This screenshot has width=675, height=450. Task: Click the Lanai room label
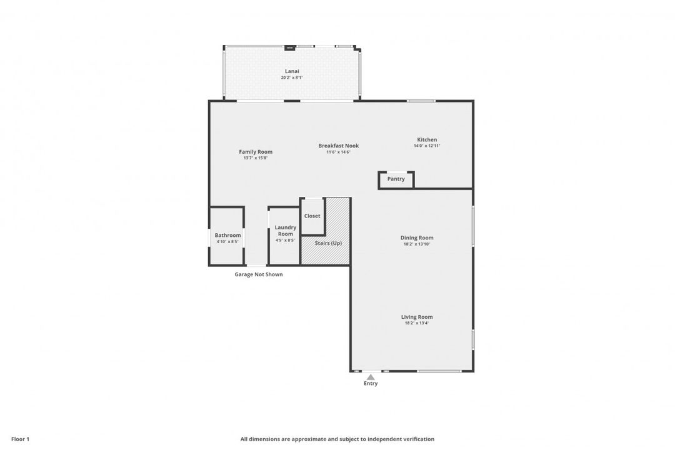pyautogui.click(x=292, y=71)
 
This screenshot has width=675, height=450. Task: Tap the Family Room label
pyautogui.click(x=256, y=152)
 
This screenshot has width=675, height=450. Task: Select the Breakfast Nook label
pyautogui.click(x=338, y=146)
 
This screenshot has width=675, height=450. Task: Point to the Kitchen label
pyautogui.click(x=427, y=139)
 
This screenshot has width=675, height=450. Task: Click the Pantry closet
pyautogui.click(x=396, y=179)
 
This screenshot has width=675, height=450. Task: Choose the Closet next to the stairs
pyautogui.click(x=312, y=216)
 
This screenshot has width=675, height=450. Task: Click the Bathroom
pyautogui.click(x=227, y=236)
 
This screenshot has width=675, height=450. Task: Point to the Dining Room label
pyautogui.click(x=417, y=237)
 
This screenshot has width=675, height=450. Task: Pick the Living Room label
pyautogui.click(x=417, y=317)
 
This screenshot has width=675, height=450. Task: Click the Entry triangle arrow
pyautogui.click(x=371, y=377)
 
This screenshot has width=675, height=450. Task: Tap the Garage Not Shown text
pyautogui.click(x=259, y=274)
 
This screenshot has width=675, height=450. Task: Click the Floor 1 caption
pyautogui.click(x=19, y=439)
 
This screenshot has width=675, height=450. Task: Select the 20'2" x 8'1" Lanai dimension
pyautogui.click(x=292, y=78)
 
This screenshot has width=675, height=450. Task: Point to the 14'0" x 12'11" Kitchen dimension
pyautogui.click(x=427, y=146)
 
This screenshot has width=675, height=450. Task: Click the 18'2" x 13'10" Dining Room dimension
pyautogui.click(x=417, y=244)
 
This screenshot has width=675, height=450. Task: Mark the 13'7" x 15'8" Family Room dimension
pyautogui.click(x=256, y=158)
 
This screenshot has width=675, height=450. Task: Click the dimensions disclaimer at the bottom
pyautogui.click(x=337, y=439)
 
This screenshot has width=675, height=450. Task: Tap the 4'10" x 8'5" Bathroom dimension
pyautogui.click(x=227, y=242)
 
